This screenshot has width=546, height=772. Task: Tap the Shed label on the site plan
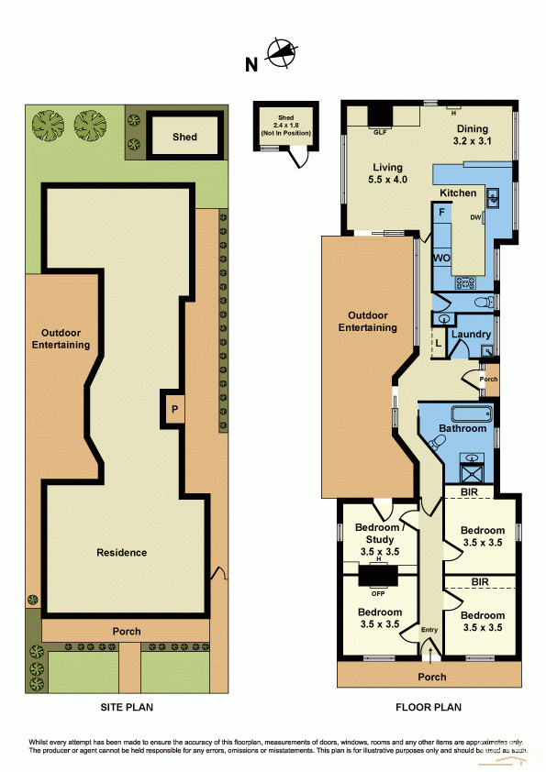coord(184,137)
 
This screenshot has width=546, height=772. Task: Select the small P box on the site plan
coord(173,407)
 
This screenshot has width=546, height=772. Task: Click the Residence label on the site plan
coord(122,552)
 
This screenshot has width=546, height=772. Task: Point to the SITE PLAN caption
coord(126,707)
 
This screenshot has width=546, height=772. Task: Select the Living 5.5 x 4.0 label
coord(389,173)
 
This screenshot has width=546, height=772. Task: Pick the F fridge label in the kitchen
coord(442,213)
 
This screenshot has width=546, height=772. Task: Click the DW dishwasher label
coord(476,217)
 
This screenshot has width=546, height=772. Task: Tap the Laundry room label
coord(470,336)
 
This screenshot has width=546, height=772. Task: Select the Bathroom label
coord(462,428)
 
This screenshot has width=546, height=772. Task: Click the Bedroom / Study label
coord(378,534)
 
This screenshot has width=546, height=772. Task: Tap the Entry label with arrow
coord(429,635)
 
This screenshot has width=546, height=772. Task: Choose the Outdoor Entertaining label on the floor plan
coord(367,321)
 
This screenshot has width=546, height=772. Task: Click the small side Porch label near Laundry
coord(489,379)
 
